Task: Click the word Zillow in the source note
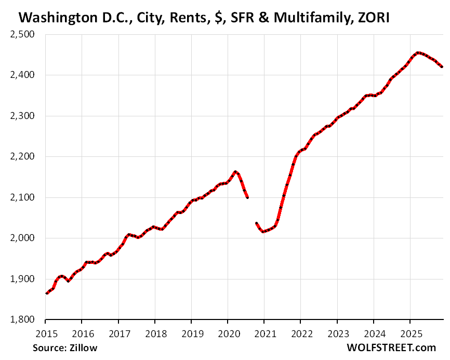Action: click(x=84, y=348)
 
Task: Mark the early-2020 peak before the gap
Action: click(x=235, y=171)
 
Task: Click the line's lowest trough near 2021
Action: click(x=263, y=231)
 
